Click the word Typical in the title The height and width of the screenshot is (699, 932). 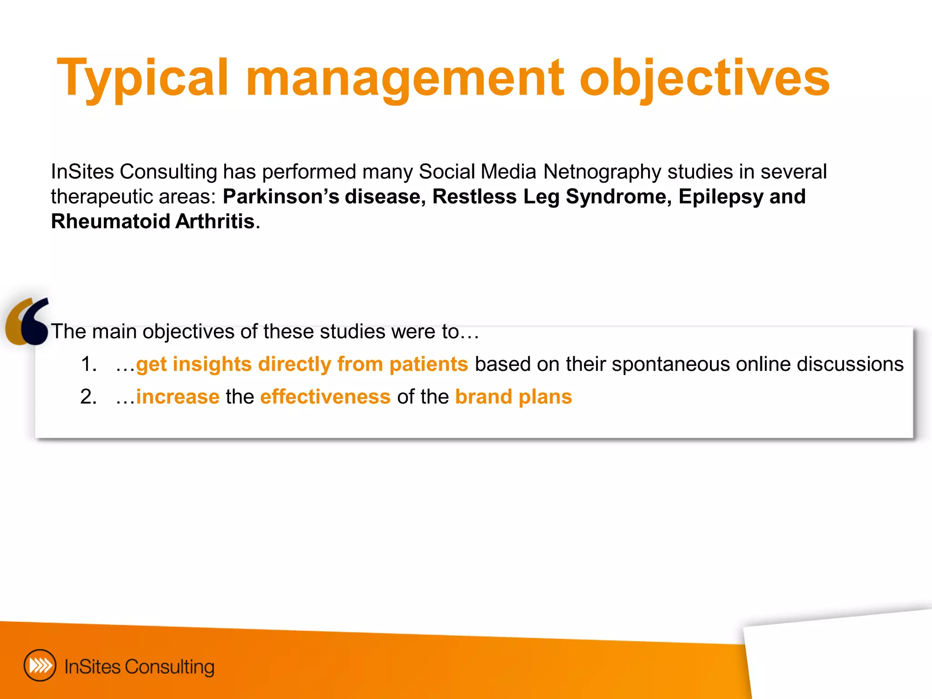(x=142, y=78)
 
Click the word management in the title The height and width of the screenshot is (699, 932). (x=405, y=78)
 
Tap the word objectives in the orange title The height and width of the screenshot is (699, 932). (x=704, y=78)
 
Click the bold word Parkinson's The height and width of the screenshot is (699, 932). (x=281, y=197)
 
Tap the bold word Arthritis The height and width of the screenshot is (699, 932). (x=214, y=222)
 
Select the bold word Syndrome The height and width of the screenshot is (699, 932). (x=618, y=197)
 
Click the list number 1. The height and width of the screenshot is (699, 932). (x=88, y=364)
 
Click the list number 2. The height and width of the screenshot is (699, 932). (x=88, y=397)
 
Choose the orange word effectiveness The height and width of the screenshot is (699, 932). (x=325, y=397)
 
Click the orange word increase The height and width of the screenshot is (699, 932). (x=177, y=397)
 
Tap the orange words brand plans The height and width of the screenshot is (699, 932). (x=513, y=397)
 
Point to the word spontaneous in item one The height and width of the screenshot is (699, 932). (x=671, y=364)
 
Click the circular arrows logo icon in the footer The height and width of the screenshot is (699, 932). (x=40, y=665)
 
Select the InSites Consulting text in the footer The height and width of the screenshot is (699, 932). (x=139, y=667)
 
